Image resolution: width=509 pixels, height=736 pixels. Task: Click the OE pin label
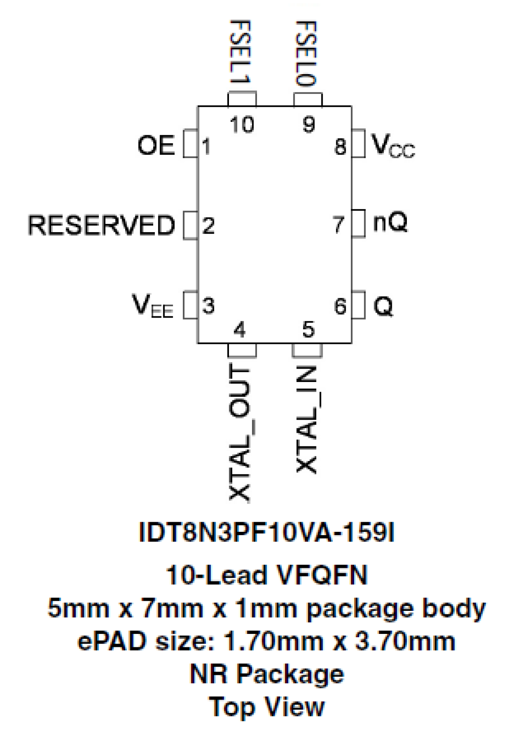click(x=156, y=145)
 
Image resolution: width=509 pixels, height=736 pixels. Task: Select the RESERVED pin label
click(x=101, y=225)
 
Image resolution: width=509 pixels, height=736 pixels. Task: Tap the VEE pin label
click(x=152, y=305)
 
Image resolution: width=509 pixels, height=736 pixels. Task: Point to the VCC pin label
click(x=393, y=145)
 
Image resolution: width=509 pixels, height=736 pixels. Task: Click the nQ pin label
click(x=390, y=222)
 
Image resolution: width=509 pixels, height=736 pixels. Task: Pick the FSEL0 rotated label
click(x=307, y=54)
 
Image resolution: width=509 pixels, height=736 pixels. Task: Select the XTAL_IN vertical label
click(x=307, y=419)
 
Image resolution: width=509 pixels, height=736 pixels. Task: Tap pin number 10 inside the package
click(x=242, y=124)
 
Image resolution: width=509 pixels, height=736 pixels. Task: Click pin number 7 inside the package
click(x=339, y=225)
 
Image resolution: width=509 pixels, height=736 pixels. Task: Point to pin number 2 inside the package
click(x=208, y=226)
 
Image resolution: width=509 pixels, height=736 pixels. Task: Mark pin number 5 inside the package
click(x=308, y=329)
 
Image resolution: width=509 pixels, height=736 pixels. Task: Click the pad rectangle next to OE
click(x=190, y=143)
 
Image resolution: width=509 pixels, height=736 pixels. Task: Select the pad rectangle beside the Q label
click(x=358, y=305)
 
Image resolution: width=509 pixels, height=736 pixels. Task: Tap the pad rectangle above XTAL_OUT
click(x=242, y=350)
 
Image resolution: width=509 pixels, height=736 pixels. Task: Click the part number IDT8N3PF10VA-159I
click(x=266, y=532)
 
